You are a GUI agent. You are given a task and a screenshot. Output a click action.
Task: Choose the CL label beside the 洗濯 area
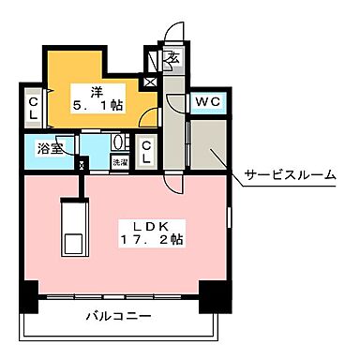click(x=146, y=153)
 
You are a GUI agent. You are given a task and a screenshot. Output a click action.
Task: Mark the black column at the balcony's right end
click(x=216, y=297)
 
